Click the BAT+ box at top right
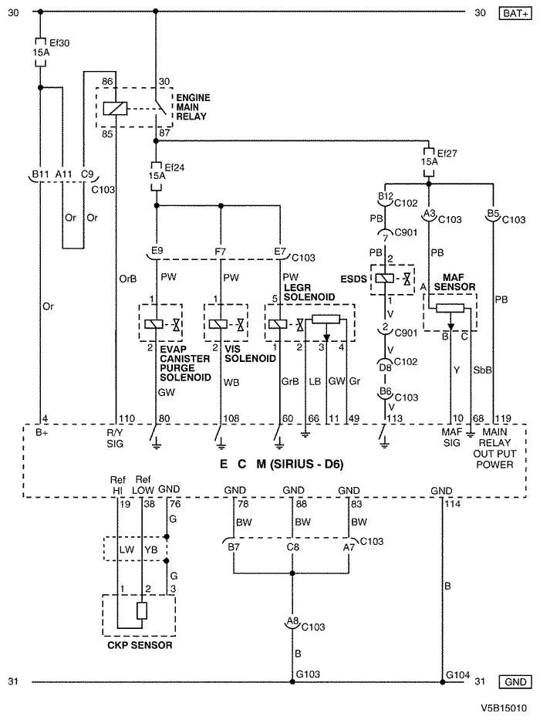(x=515, y=13)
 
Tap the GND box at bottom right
(x=515, y=682)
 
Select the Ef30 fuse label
(x=59, y=43)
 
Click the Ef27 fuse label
(x=447, y=153)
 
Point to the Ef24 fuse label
(x=174, y=167)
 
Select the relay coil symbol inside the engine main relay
(x=115, y=108)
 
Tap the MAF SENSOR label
(x=454, y=282)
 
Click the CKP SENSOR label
(x=140, y=645)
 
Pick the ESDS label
(x=353, y=279)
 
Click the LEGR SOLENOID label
(x=309, y=292)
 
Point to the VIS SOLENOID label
(x=250, y=353)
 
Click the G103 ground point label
(x=308, y=674)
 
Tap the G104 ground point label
(x=457, y=674)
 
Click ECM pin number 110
(x=127, y=418)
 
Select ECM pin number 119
(x=505, y=418)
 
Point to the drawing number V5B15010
(x=505, y=708)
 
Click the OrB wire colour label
(x=127, y=279)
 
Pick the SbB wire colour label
(x=482, y=370)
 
